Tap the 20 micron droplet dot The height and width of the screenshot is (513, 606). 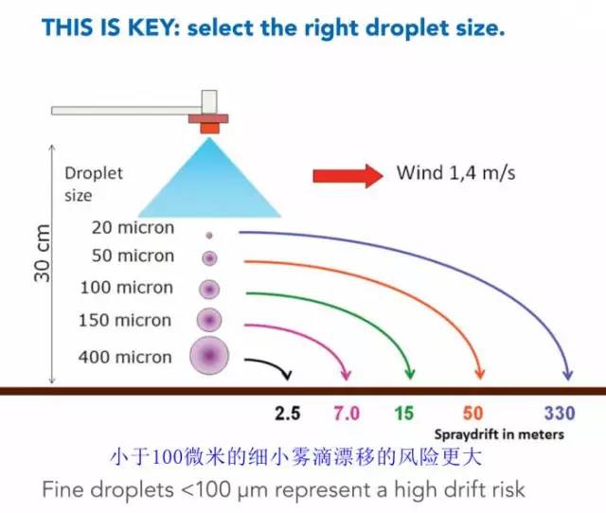tap(208, 234)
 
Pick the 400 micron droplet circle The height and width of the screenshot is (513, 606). tap(208, 356)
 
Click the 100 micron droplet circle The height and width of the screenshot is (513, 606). tap(208, 288)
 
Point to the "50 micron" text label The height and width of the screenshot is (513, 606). tap(133, 256)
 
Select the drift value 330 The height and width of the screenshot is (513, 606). tap(560, 414)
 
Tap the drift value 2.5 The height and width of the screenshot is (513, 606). tap(287, 414)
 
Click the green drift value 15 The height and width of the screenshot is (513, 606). tap(404, 414)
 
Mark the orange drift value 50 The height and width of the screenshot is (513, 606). tap(473, 414)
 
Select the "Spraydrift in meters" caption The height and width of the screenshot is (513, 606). tap(499, 434)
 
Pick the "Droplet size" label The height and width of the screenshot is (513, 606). tap(93, 185)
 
